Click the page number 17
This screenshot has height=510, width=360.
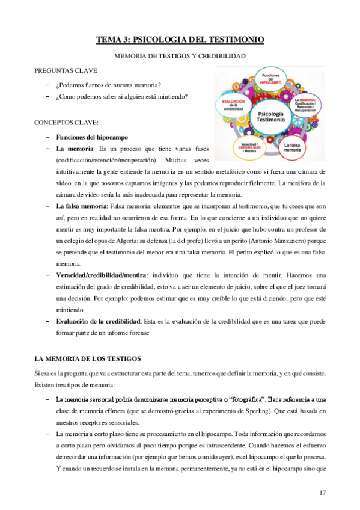322,493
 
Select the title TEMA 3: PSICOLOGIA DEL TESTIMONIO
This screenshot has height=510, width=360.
180,40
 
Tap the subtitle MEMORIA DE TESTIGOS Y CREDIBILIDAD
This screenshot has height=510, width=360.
180,56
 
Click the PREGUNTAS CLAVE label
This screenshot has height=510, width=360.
66,70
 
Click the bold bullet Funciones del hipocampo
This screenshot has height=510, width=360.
91,137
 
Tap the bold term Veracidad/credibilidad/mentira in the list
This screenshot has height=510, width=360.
108,275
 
